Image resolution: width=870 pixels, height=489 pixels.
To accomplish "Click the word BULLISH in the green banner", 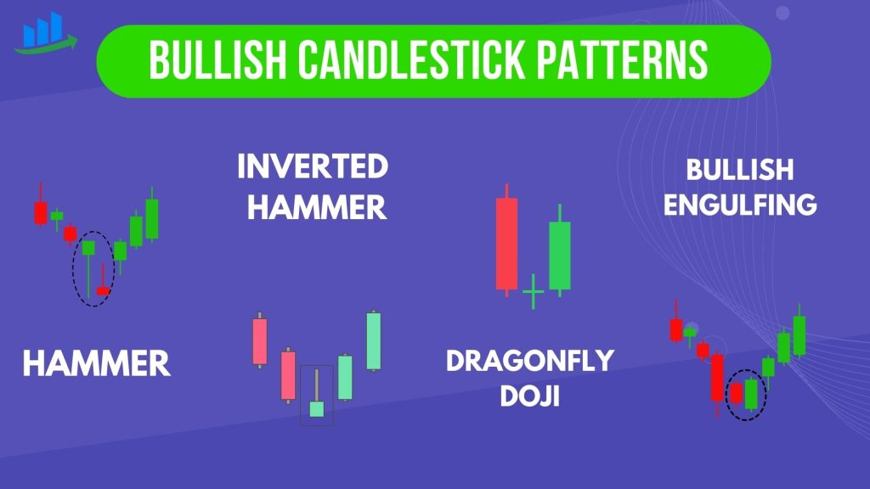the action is (x=217, y=60).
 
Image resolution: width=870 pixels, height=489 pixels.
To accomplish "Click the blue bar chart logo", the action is (x=44, y=32).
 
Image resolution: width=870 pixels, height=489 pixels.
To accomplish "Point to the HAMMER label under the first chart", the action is (x=97, y=363).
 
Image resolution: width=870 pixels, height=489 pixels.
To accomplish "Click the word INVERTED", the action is (x=313, y=166).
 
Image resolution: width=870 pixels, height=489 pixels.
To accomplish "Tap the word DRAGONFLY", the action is (x=530, y=360).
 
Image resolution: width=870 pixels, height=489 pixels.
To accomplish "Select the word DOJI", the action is (x=530, y=396).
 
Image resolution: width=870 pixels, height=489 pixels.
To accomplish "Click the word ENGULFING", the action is (x=740, y=205).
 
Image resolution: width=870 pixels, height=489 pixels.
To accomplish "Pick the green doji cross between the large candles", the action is (x=534, y=291).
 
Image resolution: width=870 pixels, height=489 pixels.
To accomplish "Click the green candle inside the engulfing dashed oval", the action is (x=751, y=393).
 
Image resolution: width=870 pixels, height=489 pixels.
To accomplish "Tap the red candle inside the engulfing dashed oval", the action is (x=737, y=394).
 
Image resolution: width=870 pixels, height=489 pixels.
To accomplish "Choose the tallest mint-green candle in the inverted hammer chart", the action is (x=374, y=341).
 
